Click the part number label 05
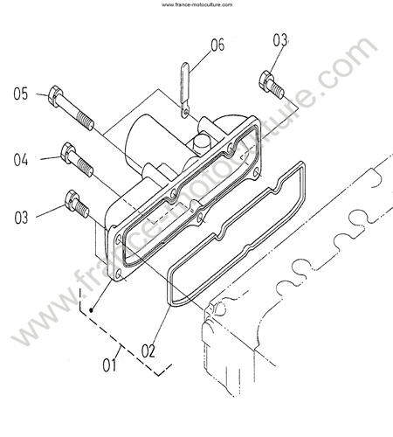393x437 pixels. [21, 94]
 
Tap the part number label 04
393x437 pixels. [21, 160]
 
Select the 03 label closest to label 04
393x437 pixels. [21, 218]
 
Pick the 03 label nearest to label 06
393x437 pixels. [280, 40]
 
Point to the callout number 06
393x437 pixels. [217, 45]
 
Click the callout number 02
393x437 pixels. [148, 350]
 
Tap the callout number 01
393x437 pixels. [109, 365]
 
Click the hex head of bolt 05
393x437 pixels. [55, 96]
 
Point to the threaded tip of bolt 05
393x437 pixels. [86, 121]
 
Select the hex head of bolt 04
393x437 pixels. [68, 152]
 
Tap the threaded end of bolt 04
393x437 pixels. [86, 169]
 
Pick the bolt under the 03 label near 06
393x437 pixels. [271, 85]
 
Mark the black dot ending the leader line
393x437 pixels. [91, 310]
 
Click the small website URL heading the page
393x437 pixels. [197, 4]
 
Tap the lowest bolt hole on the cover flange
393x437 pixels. [119, 274]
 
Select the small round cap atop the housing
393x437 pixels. [201, 144]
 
